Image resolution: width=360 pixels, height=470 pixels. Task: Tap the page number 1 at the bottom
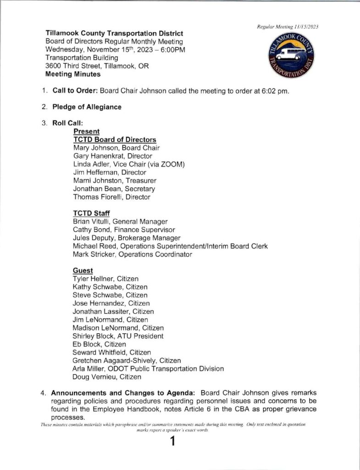172,442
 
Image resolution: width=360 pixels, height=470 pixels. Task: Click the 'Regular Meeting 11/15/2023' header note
288,27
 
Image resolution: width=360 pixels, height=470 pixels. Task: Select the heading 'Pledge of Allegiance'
87,107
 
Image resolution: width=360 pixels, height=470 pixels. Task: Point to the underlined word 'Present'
86,131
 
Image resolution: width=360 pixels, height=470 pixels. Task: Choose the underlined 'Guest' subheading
83,271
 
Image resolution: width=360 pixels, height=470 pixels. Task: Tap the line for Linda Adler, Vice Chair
128,164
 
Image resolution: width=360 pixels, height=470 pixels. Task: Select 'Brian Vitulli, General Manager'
120,222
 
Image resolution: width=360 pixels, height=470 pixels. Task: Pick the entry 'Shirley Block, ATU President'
118,336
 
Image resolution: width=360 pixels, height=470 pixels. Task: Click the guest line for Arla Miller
148,369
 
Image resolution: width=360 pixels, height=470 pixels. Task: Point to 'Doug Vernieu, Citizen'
107,377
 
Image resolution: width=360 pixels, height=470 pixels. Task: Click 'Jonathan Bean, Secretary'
114,189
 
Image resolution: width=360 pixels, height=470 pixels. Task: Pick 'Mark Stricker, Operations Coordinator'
132,254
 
